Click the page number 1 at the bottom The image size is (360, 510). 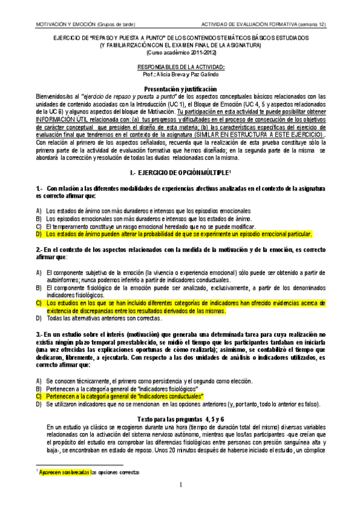click(180, 485)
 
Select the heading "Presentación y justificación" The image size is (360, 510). click(180, 88)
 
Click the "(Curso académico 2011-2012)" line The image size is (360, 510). click(180, 52)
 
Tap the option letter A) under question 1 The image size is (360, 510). click(39, 211)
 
